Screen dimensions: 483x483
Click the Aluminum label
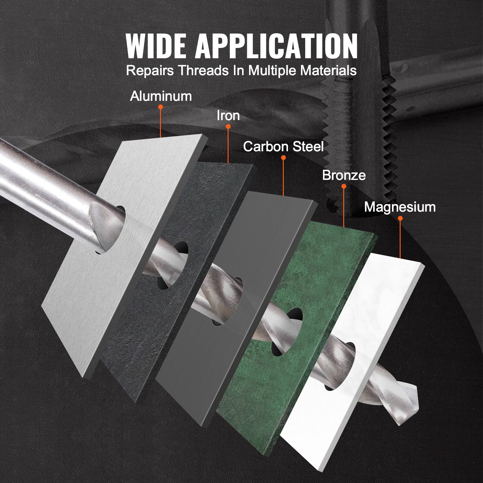click(x=161, y=96)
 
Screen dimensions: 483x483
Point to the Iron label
click(x=228, y=116)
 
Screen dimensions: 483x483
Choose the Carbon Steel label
click(x=283, y=147)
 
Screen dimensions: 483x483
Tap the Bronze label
click(x=344, y=175)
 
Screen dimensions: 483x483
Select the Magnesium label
click(x=400, y=207)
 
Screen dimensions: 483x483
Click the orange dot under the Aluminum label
click(x=161, y=107)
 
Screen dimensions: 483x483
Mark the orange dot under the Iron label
click(x=228, y=127)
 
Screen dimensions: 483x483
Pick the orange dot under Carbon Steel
click(x=283, y=158)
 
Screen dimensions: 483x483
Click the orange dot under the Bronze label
click(x=344, y=186)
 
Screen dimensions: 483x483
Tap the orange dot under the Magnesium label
click(x=400, y=218)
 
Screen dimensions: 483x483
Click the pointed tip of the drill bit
click(x=415, y=389)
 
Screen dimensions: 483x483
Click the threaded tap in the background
click(x=389, y=136)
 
